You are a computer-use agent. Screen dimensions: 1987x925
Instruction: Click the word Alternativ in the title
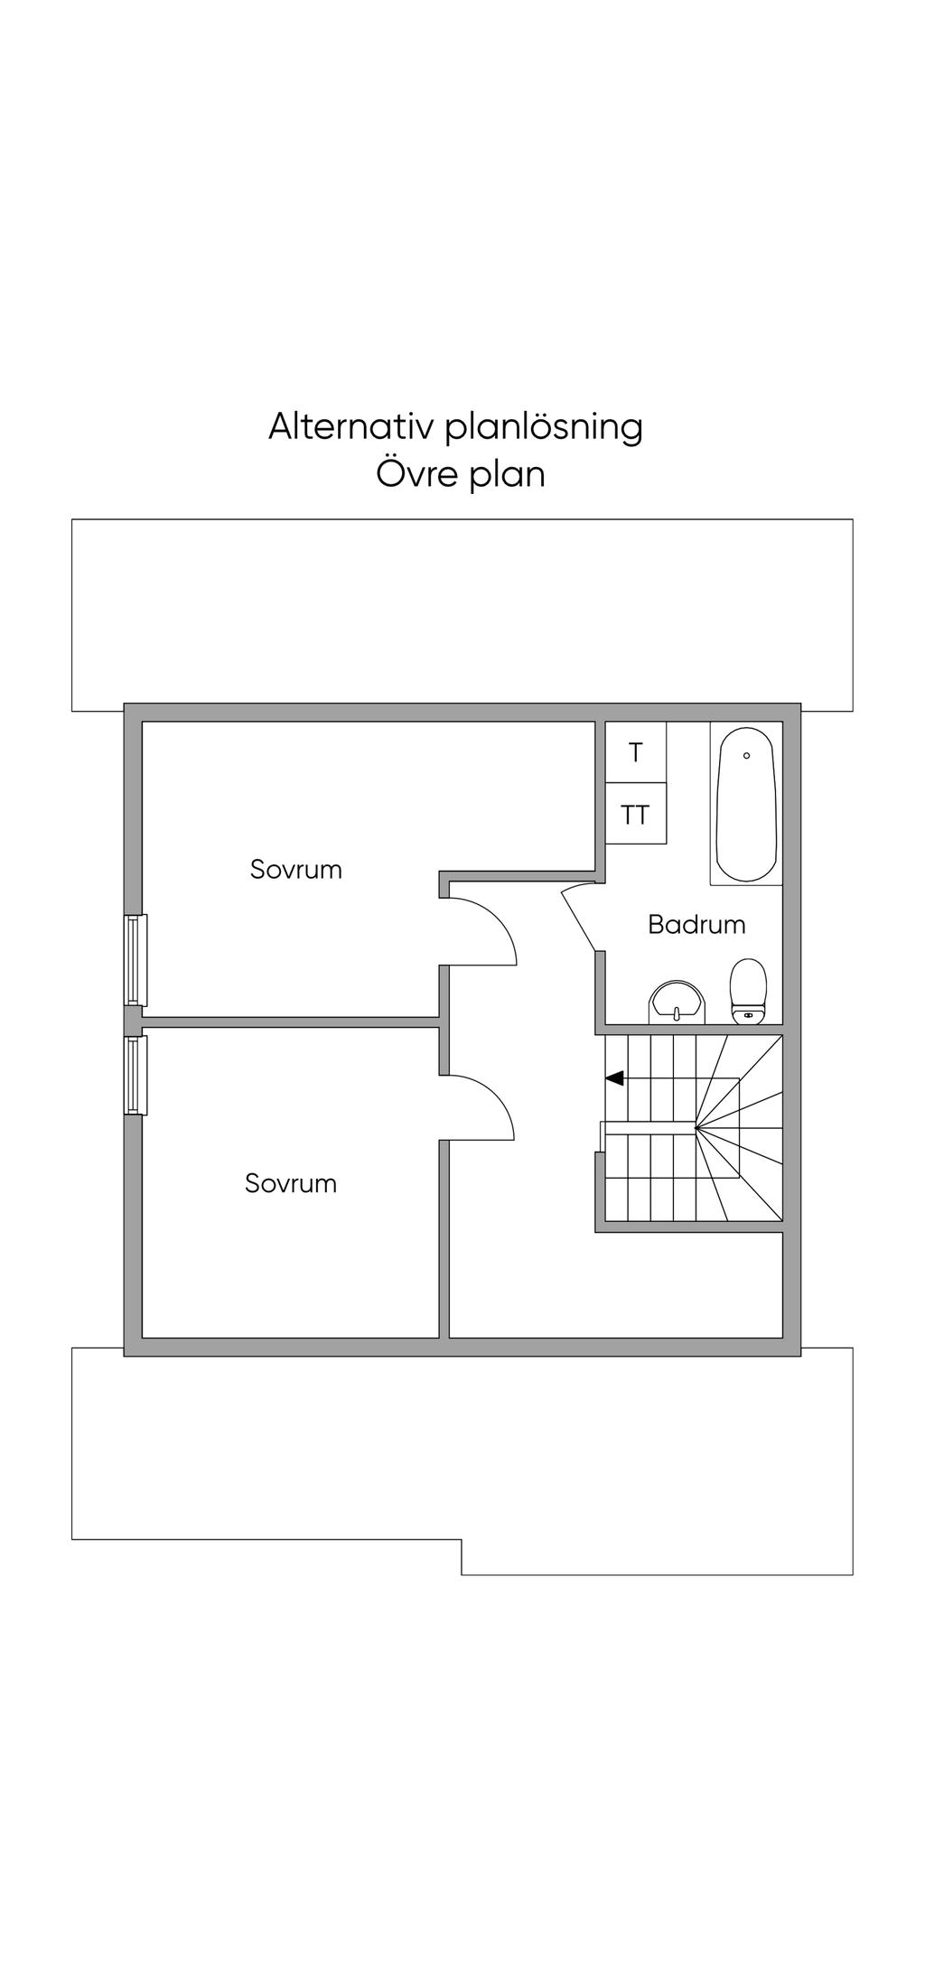(350, 426)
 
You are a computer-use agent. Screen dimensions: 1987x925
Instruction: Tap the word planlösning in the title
(544, 428)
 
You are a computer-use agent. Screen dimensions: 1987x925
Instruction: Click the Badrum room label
(696, 924)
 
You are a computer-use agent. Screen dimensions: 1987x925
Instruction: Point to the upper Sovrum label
(296, 870)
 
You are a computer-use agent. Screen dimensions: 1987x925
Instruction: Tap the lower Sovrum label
(291, 1183)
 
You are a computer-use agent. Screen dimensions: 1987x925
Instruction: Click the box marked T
(636, 752)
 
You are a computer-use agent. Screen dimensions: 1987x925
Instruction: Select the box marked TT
(636, 815)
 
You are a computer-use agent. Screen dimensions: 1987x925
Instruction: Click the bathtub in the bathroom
(745, 804)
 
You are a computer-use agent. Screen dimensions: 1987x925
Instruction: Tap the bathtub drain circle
(746, 755)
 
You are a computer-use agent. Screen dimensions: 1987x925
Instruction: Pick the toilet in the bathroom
(748, 991)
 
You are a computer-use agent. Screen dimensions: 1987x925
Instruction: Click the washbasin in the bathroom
(675, 1003)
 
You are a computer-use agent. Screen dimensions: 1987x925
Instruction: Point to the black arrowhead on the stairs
(614, 1077)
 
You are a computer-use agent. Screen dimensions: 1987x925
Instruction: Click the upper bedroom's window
(135, 960)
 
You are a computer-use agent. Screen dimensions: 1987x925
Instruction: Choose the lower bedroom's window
(135, 1075)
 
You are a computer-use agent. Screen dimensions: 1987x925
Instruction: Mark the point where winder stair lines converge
(696, 1127)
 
